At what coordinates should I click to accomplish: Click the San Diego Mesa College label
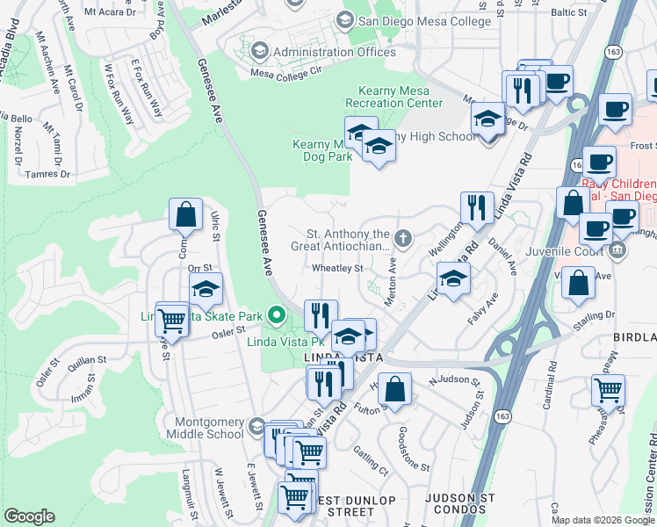(x=411, y=20)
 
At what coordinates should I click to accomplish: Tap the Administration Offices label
(x=334, y=52)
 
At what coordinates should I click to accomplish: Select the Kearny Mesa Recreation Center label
(x=400, y=97)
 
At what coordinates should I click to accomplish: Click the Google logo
(x=29, y=516)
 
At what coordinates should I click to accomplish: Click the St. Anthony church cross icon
(x=402, y=237)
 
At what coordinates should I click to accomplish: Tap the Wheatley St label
(x=338, y=269)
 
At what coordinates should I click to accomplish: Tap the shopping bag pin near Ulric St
(x=186, y=213)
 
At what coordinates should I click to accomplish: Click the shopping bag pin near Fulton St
(x=396, y=388)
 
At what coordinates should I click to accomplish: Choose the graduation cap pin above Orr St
(x=206, y=289)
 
